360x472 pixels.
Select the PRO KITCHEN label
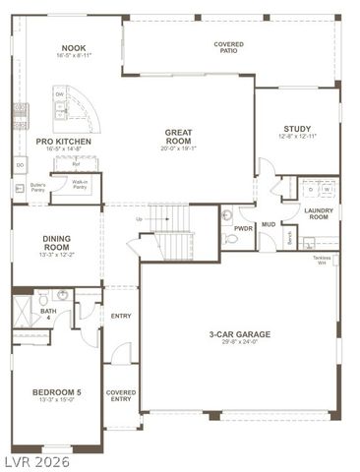coord(64,142)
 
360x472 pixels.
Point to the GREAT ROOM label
coord(178,136)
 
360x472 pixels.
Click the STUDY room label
coord(297,129)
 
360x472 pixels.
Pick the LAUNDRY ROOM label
coord(318,212)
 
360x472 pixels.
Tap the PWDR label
coord(243,228)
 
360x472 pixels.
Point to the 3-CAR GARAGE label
coord(239,333)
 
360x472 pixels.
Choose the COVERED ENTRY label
coord(121,395)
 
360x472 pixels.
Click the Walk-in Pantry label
coord(81,183)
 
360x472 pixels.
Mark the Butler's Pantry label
coord(38,186)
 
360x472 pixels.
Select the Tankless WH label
coord(322,260)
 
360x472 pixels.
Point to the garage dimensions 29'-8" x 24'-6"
coord(239,342)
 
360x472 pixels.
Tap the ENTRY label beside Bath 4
coord(121,316)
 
